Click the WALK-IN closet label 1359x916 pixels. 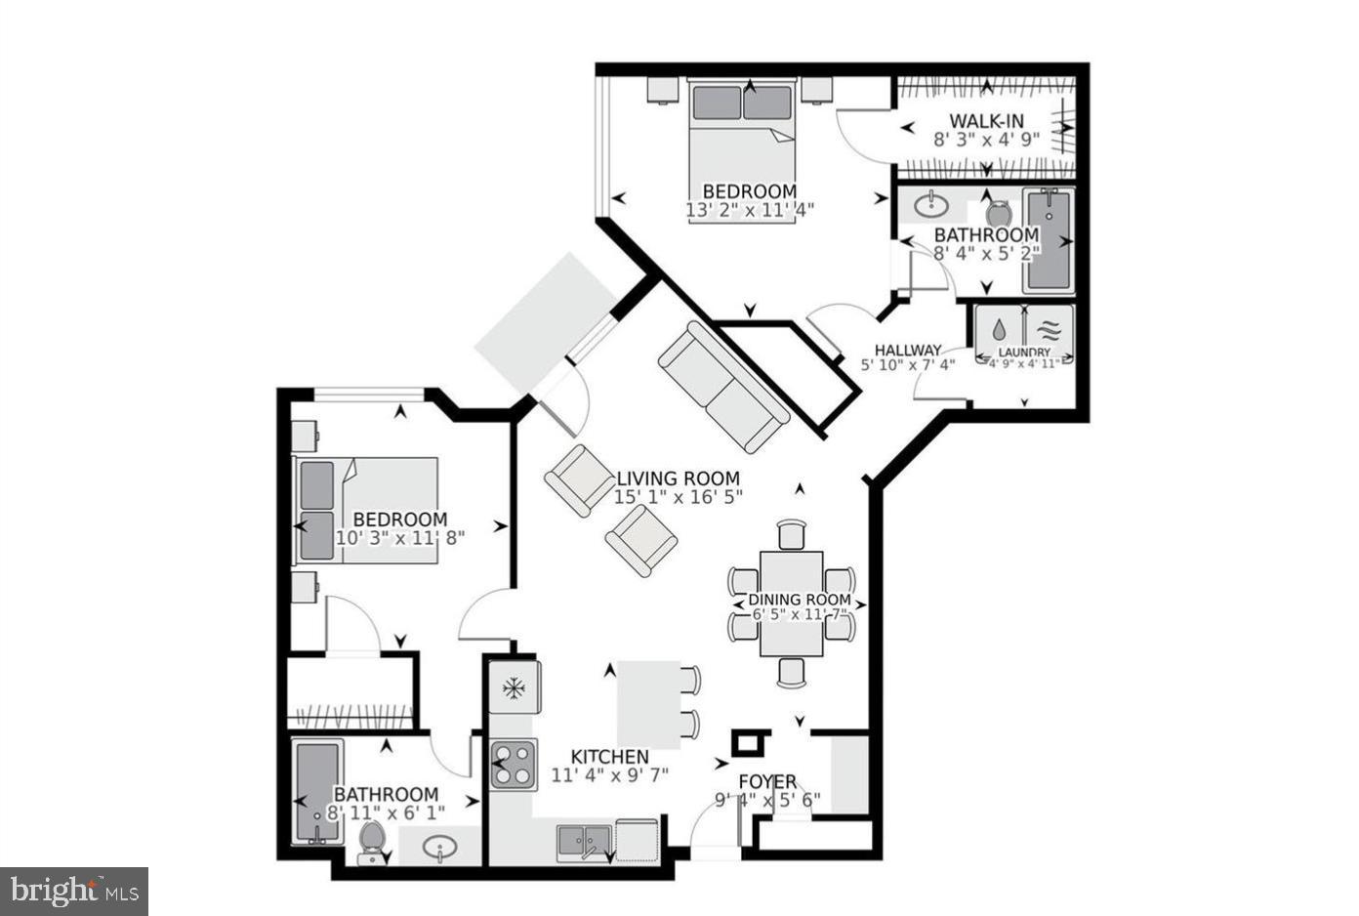tap(986, 121)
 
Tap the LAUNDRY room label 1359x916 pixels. tap(1024, 352)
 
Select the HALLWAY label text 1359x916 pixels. tap(907, 350)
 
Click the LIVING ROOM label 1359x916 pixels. tap(678, 479)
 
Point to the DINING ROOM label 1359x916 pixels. tap(800, 600)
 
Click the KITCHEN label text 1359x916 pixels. tap(609, 757)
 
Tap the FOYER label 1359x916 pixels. tap(767, 782)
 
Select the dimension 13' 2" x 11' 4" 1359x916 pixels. tap(749, 209)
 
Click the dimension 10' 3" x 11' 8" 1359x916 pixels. tap(399, 537)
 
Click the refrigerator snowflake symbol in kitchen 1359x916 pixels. tap(514, 688)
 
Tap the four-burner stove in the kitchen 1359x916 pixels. tap(514, 764)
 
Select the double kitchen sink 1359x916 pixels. tap(584, 841)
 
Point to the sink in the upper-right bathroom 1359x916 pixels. tap(932, 204)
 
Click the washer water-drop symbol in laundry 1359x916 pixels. tap(999, 330)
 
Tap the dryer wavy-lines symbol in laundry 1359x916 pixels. tap(1049, 330)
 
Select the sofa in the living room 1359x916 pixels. tap(723, 387)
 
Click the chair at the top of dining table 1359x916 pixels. tap(792, 535)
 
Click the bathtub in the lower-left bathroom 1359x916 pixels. tap(318, 792)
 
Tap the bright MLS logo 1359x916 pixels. tap(73, 891)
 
